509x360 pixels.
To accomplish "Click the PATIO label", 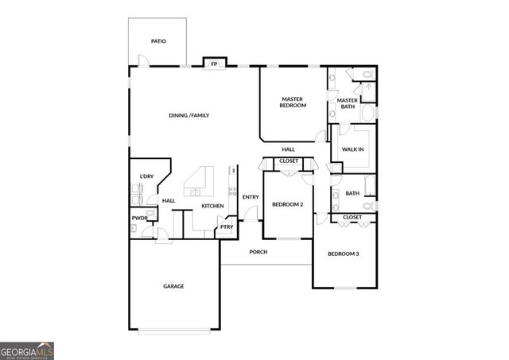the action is click(158, 41).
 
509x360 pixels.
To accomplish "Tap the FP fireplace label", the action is click(214, 64).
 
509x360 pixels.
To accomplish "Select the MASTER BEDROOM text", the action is click(293, 103).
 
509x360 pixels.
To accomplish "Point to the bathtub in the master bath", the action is click(368, 113).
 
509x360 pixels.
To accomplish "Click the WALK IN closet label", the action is click(352, 149).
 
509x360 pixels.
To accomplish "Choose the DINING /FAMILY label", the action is click(189, 115).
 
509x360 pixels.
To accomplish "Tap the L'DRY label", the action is click(146, 176).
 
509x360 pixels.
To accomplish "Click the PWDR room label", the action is click(140, 219).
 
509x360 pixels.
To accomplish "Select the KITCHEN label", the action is click(212, 206).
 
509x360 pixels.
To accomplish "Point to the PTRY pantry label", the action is click(227, 227).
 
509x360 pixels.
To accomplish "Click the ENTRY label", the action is click(251, 197).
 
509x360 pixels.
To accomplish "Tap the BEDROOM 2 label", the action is click(288, 205).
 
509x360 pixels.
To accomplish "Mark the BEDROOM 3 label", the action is click(344, 254).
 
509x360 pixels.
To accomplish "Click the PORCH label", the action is click(258, 252).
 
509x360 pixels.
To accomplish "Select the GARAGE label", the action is click(173, 286).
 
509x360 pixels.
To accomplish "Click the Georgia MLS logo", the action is click(27, 351).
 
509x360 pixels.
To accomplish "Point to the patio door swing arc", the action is click(144, 59).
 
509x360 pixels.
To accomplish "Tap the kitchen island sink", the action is click(195, 192).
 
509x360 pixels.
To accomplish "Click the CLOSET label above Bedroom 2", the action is click(289, 161).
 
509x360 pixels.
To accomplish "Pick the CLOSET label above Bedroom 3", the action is click(352, 217).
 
